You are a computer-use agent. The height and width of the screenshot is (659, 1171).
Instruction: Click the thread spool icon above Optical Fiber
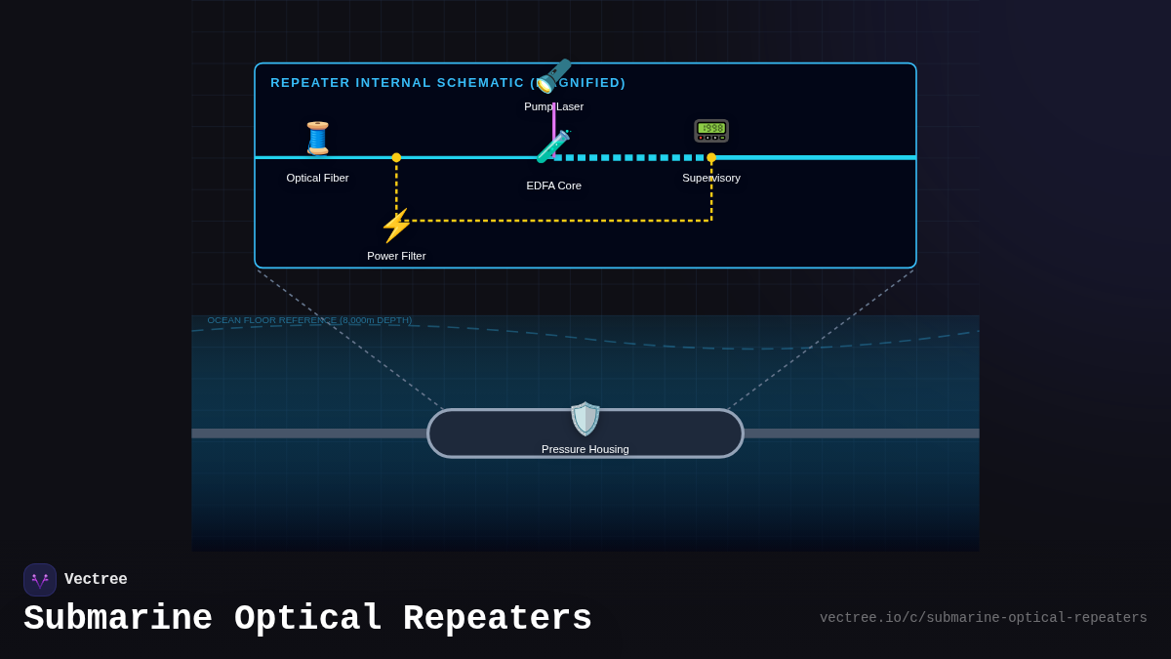pos(317,139)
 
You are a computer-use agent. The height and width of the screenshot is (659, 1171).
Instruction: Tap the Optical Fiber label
pos(317,178)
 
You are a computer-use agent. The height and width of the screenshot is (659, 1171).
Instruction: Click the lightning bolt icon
pos(395,226)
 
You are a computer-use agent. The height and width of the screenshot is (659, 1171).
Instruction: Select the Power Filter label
pos(396,256)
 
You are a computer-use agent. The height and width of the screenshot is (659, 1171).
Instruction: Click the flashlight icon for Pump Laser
pos(553,75)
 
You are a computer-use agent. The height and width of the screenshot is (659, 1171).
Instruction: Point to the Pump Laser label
pos(553,106)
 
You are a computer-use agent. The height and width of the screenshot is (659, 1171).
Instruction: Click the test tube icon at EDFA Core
pos(553,147)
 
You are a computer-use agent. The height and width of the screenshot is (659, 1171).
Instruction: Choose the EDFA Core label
pos(553,185)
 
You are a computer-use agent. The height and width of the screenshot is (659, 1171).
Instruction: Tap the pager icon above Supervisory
pos(711,131)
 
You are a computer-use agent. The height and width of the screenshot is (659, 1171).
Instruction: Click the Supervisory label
pos(711,178)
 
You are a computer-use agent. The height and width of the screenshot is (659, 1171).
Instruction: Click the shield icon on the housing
pos(585,419)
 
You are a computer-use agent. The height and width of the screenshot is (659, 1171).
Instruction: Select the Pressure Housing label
pos(585,449)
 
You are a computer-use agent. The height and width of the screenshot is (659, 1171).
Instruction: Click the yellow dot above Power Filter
pos(396,157)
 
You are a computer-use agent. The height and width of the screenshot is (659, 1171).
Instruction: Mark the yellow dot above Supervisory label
pos(711,157)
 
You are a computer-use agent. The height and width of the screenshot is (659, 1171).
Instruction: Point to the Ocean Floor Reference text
pos(309,320)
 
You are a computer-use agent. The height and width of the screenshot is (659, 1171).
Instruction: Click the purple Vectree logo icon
pos(40,580)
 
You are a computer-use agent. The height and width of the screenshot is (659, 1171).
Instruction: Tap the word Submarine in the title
pos(118,619)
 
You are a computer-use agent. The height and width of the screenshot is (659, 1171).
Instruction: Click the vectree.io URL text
pos(983,618)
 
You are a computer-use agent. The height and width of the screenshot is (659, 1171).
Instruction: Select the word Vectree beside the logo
pos(96,580)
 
